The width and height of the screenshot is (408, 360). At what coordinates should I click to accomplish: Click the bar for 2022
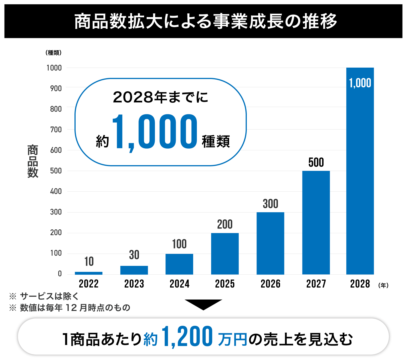pyautogui.click(x=88, y=273)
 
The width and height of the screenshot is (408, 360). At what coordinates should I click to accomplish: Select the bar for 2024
pyautogui.click(x=179, y=264)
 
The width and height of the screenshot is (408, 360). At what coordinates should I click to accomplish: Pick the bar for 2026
pyautogui.click(x=270, y=243)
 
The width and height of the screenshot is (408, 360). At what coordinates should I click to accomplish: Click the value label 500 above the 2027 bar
pyautogui.click(x=316, y=163)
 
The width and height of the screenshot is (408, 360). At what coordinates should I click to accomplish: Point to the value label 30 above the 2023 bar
pyautogui.click(x=134, y=255)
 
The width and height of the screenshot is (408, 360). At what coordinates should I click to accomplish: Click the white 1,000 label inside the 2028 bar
pyautogui.click(x=360, y=83)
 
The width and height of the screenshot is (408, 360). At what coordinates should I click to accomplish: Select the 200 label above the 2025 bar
pyautogui.click(x=225, y=225)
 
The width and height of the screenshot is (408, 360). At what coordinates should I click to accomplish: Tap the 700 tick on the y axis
pyautogui.click(x=56, y=130)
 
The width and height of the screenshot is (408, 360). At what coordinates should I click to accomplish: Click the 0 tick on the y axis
pyautogui.click(x=60, y=274)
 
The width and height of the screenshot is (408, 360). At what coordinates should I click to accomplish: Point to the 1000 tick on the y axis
pyautogui.click(x=54, y=68)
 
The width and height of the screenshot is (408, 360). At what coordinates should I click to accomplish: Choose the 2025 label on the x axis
pyautogui.click(x=225, y=284)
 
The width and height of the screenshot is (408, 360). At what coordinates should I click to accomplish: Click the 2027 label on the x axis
pyautogui.click(x=316, y=284)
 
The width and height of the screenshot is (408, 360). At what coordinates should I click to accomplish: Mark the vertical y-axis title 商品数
pyautogui.click(x=33, y=161)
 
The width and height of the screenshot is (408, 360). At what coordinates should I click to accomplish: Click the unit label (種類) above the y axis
pyautogui.click(x=53, y=53)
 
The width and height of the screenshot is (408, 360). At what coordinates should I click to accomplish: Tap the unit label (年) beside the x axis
pyautogui.click(x=383, y=285)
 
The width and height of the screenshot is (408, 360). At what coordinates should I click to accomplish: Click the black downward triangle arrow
pyautogui.click(x=203, y=304)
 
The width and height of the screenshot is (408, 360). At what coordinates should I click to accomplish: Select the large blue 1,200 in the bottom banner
pyautogui.click(x=187, y=337)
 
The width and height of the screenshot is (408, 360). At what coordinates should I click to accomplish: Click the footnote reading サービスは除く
pyautogui.click(x=49, y=296)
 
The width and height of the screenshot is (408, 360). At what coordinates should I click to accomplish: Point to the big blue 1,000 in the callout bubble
pyautogui.click(x=155, y=132)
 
